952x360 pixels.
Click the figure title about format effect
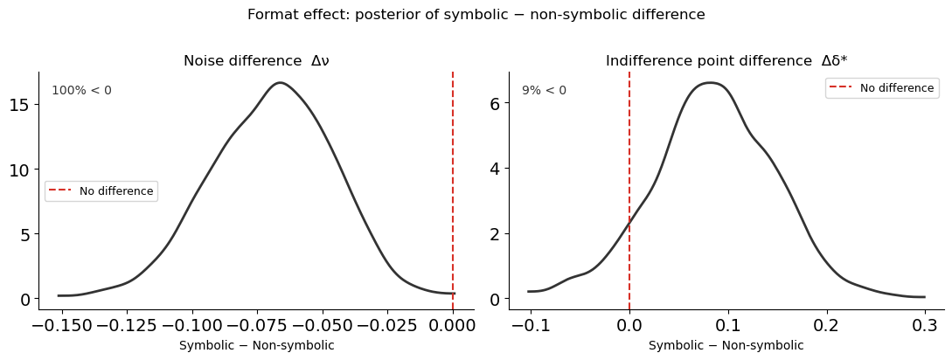[x=476, y=15]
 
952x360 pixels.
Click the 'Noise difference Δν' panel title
[x=256, y=61]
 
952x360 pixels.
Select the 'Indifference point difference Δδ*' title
[x=726, y=61]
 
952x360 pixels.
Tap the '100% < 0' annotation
[x=81, y=91]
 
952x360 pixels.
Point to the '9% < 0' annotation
[x=544, y=91]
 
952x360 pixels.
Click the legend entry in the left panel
[x=101, y=191]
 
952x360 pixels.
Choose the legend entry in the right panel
[x=880, y=88]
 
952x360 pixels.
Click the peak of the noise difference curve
[x=280, y=83]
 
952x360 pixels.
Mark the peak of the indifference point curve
[x=709, y=83]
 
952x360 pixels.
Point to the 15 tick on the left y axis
[x=20, y=105]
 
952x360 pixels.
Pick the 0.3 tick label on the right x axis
[x=925, y=326]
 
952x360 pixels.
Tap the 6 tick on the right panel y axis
[x=494, y=103]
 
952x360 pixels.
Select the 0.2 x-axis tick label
[x=826, y=326]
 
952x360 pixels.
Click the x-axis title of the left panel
[x=256, y=345]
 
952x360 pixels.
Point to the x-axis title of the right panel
[x=726, y=345]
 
